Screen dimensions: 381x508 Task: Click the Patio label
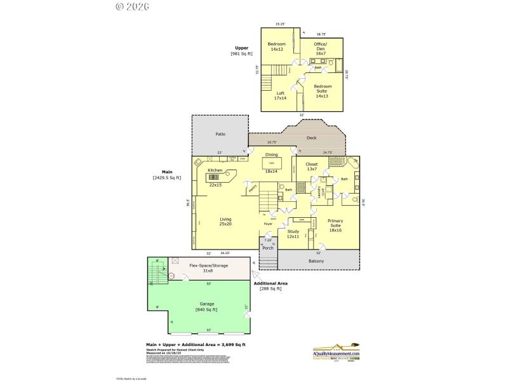tap(220, 135)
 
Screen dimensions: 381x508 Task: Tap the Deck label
tap(311, 138)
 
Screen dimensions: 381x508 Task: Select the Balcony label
tap(316, 261)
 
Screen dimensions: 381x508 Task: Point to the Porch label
tap(268, 248)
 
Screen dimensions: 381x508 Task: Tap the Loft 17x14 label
tap(280, 96)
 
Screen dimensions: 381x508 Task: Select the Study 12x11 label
tap(293, 234)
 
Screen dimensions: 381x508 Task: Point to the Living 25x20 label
tap(225, 222)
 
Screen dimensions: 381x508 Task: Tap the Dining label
tap(272, 155)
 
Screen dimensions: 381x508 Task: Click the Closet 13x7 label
tap(312, 167)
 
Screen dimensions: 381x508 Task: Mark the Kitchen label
tap(215, 171)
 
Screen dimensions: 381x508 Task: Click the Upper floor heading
tap(241, 48)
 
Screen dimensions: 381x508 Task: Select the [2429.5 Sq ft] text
tap(167, 178)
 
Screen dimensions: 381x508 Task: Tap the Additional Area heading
tap(274, 283)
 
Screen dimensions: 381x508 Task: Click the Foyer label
tap(269, 224)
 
